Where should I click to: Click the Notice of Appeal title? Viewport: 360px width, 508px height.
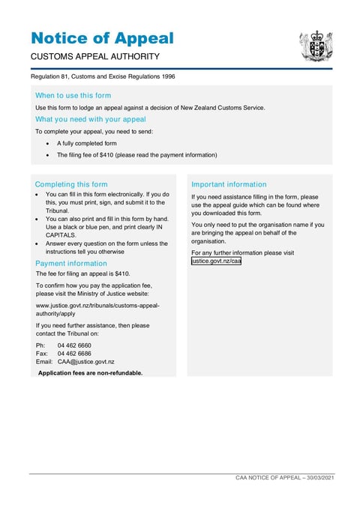coord(102,38)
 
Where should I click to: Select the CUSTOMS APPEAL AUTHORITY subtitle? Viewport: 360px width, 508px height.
coord(94,57)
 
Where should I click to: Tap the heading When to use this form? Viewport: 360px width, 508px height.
coord(73,95)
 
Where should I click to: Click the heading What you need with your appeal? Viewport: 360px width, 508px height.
coord(90,118)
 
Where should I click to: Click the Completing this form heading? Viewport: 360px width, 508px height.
coord(71,184)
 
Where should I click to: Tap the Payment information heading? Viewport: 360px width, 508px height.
coord(70,264)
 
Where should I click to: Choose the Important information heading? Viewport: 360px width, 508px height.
coord(229,184)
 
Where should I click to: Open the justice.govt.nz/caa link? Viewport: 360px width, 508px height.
coord(216,261)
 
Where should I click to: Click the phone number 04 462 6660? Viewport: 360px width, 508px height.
coord(74,345)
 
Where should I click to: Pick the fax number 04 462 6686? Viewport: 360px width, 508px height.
coord(74,353)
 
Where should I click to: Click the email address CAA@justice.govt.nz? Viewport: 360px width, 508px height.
coord(85,361)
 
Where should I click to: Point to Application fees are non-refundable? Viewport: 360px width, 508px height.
coord(90,372)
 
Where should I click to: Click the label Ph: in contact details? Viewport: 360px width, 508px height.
coord(40,345)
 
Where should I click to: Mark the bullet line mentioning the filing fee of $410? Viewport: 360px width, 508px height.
coord(136,155)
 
